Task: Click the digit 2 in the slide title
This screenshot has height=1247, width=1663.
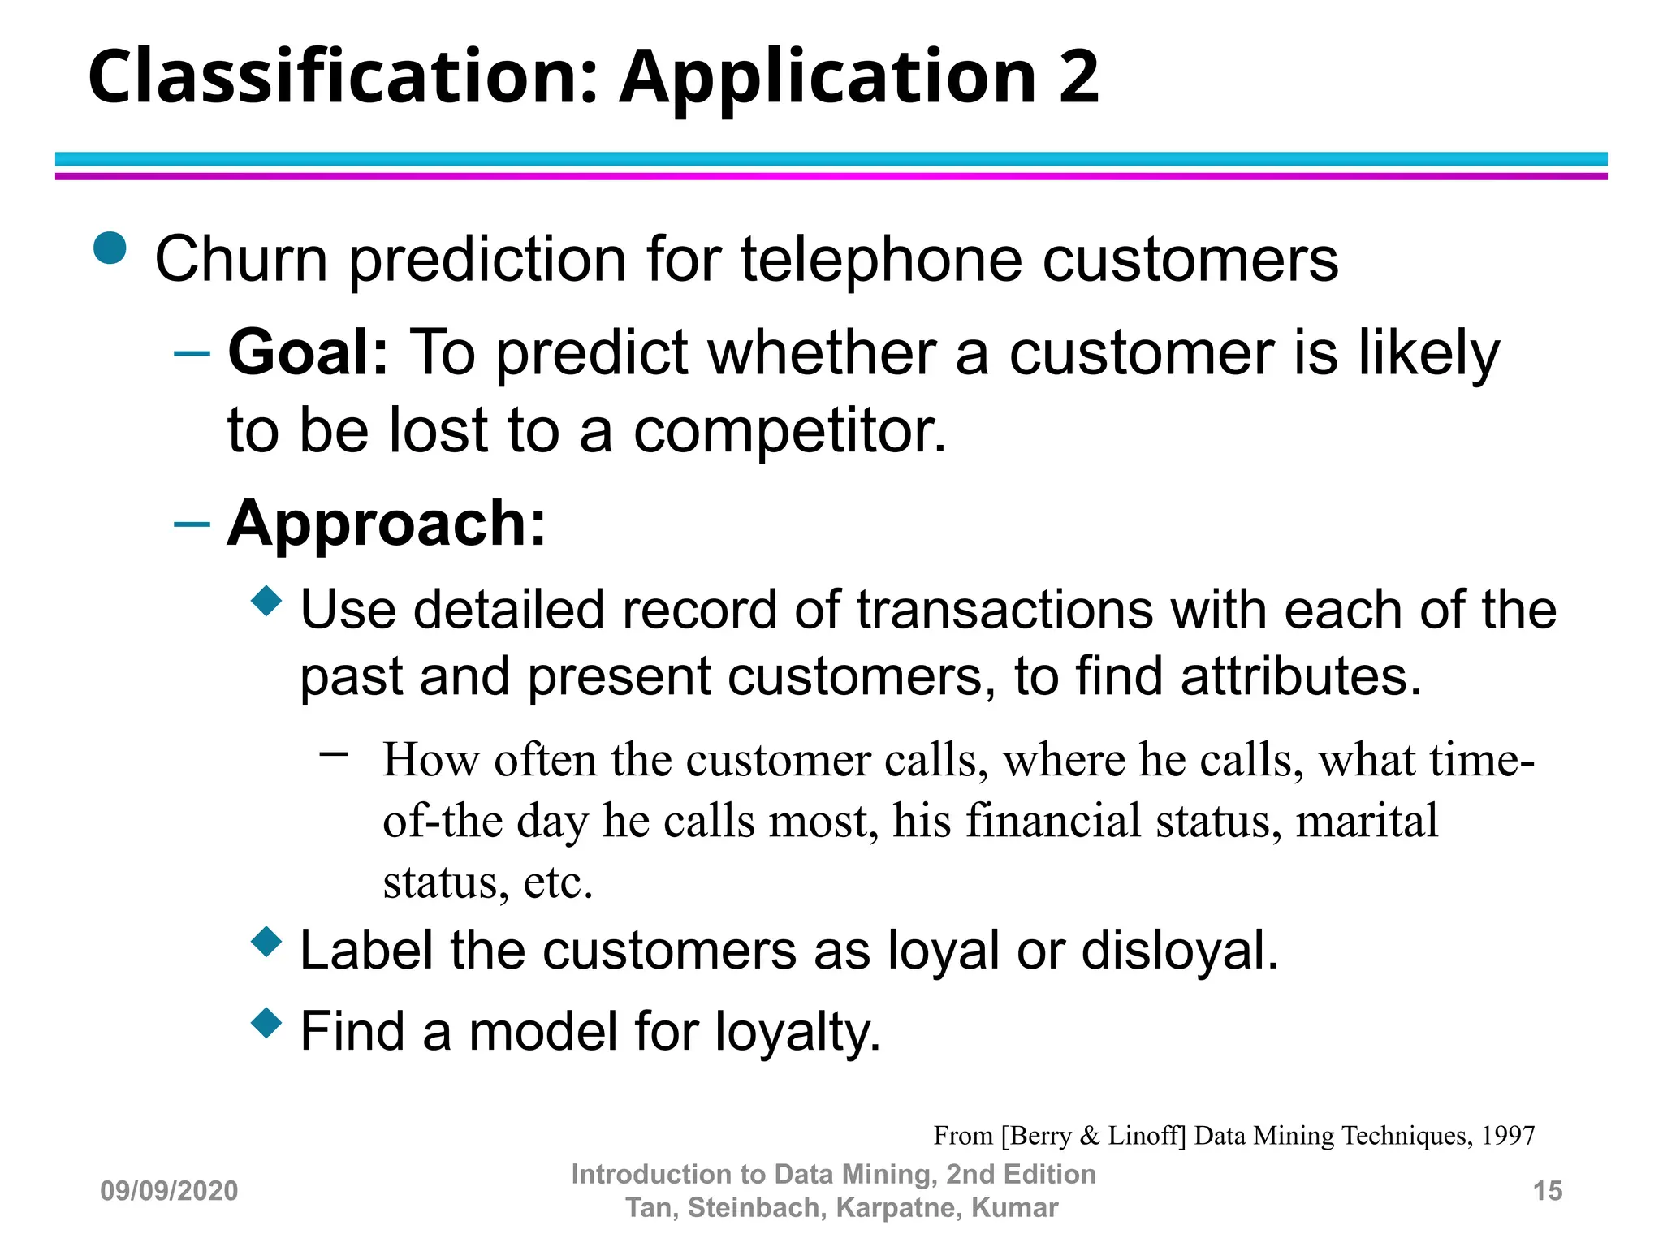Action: [1078, 77]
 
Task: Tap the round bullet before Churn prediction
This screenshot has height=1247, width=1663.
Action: [110, 248]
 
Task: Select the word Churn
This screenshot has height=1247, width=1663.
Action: [241, 260]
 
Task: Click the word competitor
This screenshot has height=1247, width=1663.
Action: [789, 430]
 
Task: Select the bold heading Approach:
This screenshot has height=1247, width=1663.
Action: [387, 524]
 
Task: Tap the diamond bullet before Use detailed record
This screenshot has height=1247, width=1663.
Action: [266, 601]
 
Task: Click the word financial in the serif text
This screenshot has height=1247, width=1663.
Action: [1053, 821]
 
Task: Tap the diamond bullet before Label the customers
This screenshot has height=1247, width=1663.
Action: [266, 942]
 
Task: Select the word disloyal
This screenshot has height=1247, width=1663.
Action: [1179, 951]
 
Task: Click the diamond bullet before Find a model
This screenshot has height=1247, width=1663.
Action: [266, 1023]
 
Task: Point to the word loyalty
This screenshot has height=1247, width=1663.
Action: [797, 1033]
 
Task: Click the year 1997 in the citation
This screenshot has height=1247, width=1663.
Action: [1508, 1135]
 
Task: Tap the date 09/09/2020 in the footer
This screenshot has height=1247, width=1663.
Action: [169, 1191]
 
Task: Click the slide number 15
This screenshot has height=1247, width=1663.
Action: [1547, 1191]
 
